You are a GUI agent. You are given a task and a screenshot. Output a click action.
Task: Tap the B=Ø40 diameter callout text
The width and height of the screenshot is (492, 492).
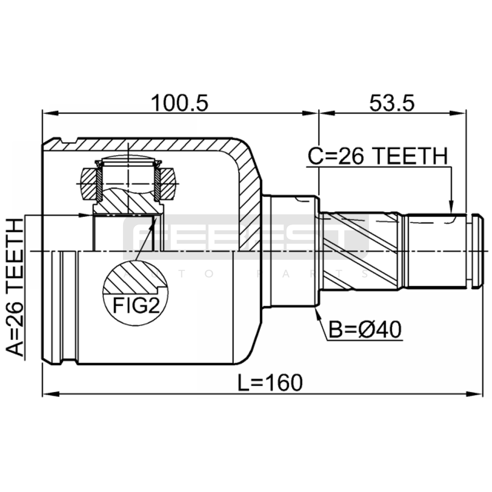tap(365, 330)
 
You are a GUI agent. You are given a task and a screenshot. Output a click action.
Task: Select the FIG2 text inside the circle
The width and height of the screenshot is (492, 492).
tap(137, 306)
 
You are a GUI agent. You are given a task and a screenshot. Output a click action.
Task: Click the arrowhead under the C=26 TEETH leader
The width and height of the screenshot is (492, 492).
tap(451, 207)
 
